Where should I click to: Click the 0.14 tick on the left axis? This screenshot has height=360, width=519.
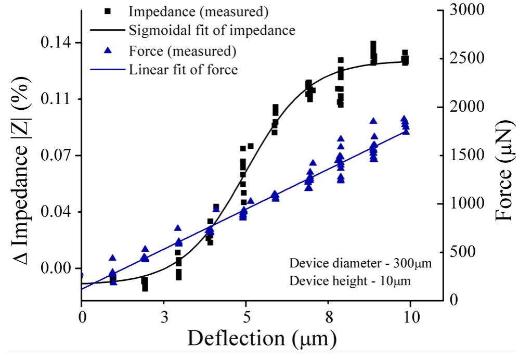coord(58,43)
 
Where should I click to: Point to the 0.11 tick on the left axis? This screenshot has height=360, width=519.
coord(58,99)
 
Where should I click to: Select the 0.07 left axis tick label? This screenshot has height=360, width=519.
coord(58,156)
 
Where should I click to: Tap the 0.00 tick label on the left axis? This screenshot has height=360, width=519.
coord(58,268)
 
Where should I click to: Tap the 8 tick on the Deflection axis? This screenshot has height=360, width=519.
coord(329,317)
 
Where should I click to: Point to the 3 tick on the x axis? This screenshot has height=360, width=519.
coord(164,317)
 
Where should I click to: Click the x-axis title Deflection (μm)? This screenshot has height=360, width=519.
coord(262,339)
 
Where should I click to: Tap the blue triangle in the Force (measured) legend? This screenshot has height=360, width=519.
coord(107,50)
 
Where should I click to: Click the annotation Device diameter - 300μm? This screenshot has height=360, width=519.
coord(360,263)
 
